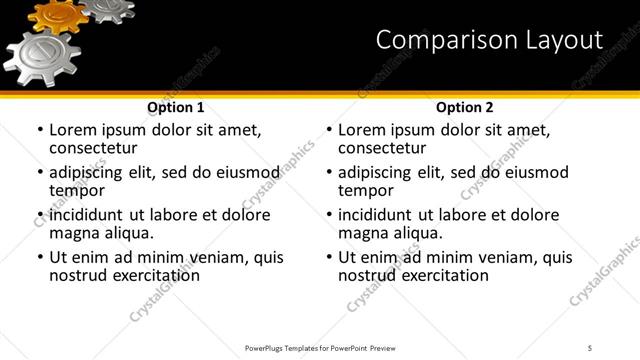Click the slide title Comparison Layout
click(x=489, y=40)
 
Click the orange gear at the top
click(x=58, y=14)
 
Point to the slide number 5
click(x=591, y=348)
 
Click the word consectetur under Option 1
click(x=93, y=149)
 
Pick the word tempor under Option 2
click(x=364, y=191)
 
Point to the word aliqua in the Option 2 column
click(x=417, y=233)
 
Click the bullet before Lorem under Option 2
click(x=329, y=131)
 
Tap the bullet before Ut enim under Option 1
click(x=40, y=258)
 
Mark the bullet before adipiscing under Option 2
click(x=329, y=173)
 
